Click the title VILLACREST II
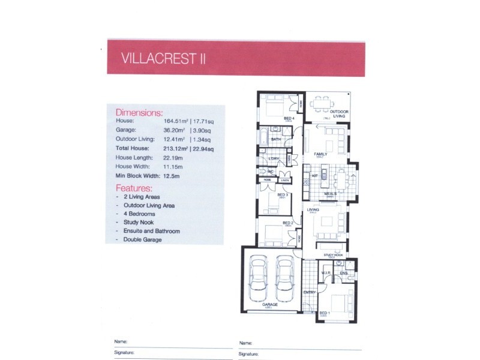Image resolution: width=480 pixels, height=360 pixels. (x=158, y=59)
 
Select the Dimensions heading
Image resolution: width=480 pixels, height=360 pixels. (x=139, y=112)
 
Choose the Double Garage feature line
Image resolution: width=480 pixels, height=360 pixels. (x=142, y=239)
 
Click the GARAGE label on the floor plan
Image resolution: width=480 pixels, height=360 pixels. (x=270, y=305)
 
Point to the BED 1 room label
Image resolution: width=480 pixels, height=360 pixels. (x=324, y=313)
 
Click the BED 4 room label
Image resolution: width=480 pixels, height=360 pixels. (x=289, y=118)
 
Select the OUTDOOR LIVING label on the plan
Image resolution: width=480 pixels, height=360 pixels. (x=340, y=114)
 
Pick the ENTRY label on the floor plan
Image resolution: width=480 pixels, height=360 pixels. (x=310, y=292)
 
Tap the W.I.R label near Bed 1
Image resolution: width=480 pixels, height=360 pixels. (x=326, y=273)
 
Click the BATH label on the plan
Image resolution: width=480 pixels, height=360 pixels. (x=276, y=139)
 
